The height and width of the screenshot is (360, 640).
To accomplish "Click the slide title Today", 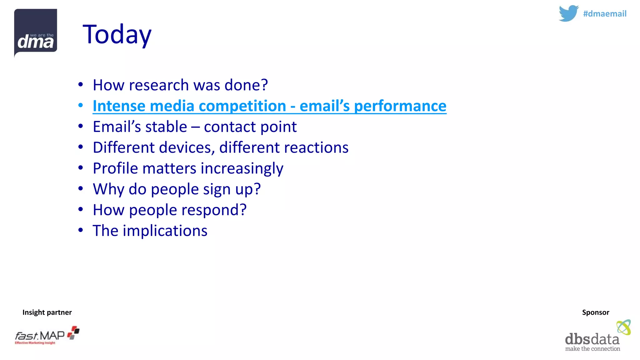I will pos(117,34).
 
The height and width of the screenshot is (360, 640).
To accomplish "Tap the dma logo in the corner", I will pos(36,32).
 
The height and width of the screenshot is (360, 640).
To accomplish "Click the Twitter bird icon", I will pos(568,13).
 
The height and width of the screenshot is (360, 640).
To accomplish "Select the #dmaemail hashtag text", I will pos(604,14).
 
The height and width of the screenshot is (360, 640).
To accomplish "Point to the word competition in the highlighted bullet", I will pos(242,106).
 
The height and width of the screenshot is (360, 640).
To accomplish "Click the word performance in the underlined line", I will pos(400,106).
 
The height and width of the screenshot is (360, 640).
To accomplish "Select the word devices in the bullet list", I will pos(186,147).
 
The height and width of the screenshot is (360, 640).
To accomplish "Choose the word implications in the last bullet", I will pos(165,231).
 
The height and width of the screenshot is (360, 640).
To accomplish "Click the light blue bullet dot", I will pos(81,106).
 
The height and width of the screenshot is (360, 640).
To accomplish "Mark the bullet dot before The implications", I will pos(81,230).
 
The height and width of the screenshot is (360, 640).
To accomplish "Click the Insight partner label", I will pos(47,312).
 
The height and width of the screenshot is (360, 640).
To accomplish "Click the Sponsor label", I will pos(595,312).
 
